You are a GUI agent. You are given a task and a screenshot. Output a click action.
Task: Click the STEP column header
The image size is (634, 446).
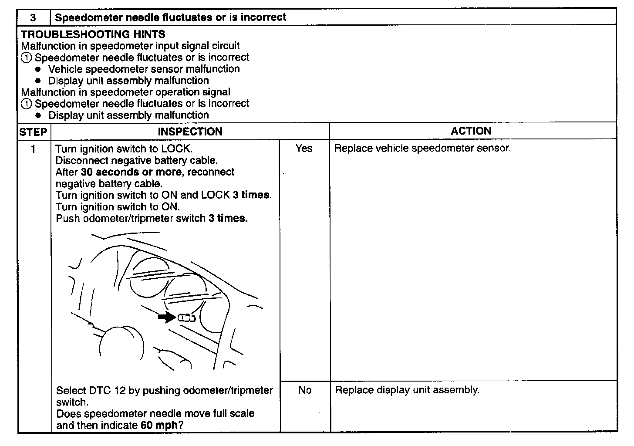point(33,132)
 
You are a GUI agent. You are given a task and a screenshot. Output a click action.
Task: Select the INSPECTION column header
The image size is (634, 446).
point(190,132)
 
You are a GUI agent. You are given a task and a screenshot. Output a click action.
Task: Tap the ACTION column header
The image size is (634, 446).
point(471,131)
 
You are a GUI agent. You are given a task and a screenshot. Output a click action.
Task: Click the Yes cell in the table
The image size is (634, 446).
point(304,149)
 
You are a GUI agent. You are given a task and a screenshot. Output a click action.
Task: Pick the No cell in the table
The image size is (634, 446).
point(305,390)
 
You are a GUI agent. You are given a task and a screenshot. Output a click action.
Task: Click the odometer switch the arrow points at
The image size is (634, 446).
point(186,318)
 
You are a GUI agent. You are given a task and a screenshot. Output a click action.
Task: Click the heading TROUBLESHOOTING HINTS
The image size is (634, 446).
point(93,34)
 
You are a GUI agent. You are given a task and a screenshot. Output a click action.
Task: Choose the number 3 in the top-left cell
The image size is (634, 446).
point(33,18)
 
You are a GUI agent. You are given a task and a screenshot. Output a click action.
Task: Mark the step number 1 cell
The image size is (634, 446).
point(33,149)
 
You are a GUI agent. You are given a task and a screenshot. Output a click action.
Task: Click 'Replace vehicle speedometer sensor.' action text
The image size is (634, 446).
point(422,149)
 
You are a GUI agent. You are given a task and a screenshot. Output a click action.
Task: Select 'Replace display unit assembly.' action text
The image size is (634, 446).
point(407,390)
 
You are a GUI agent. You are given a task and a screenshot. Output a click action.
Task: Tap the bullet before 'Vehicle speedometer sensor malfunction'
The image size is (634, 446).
point(39,69)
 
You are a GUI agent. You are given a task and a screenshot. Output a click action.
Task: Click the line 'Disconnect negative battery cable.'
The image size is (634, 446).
point(137,160)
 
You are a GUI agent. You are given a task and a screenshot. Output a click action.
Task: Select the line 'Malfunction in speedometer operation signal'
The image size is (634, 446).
point(126,92)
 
